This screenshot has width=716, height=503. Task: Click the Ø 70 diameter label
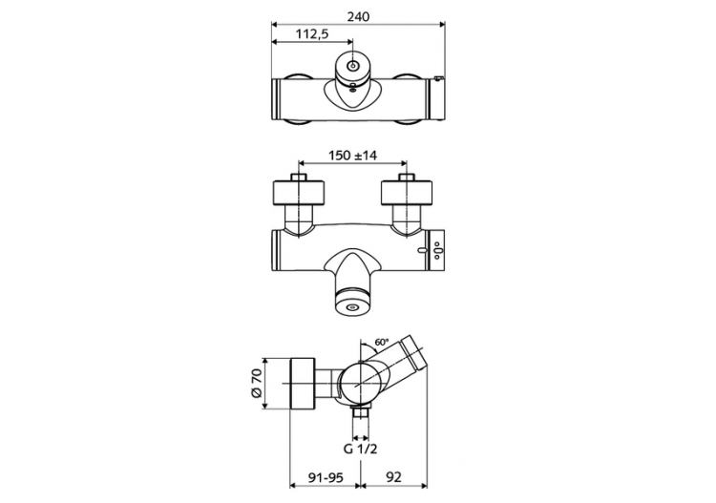coord(257,383)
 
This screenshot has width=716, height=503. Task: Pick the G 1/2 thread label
coord(360,447)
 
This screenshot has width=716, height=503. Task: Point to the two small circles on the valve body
coord(437,252)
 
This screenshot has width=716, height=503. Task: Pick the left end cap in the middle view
coord(276,250)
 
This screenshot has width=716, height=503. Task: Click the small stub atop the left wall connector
coord(300,177)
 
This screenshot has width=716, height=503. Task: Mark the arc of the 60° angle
coord(370,345)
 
